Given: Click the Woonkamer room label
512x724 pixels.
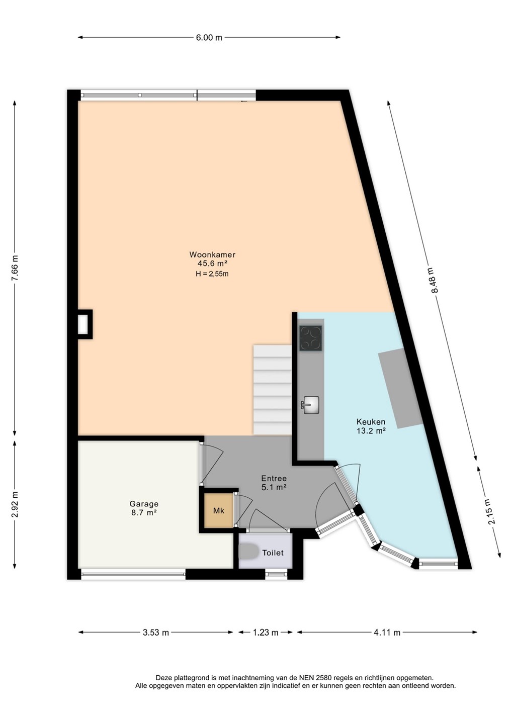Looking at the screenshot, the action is tap(212, 254).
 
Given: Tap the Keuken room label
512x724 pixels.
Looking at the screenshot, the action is tap(371, 421).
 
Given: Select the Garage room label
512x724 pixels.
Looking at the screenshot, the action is tap(144, 504).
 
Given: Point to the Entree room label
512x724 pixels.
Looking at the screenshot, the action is tap(274, 478).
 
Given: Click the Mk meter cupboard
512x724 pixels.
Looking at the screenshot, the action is tap(219, 511).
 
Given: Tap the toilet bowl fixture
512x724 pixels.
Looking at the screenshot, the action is tap(247, 551).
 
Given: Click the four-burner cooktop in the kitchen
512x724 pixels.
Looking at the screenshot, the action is tap(311, 338).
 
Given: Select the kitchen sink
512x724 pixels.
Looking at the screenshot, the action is tap(311, 405).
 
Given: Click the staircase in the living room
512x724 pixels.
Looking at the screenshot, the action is tap(273, 390).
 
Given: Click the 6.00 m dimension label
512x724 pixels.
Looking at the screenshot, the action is tap(209, 38).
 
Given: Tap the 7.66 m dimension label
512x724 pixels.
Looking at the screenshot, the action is tap(15, 268).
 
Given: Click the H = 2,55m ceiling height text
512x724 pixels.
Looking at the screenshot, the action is tap(212, 274).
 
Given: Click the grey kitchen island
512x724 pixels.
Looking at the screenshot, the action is tap(401, 388).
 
